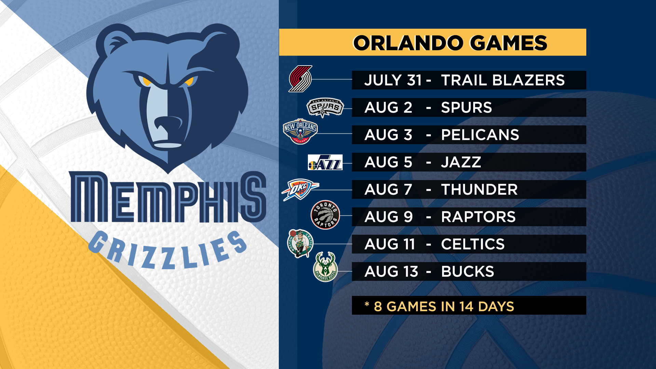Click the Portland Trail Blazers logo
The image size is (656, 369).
[300, 79]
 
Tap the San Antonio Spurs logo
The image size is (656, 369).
[325, 108]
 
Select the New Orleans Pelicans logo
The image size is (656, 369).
[300, 132]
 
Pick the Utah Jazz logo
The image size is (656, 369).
[325, 162]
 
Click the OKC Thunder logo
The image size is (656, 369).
[300, 189]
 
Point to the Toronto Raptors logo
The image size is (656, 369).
[325, 215]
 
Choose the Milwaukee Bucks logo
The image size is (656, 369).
[325, 267]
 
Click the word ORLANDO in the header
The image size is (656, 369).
[408, 43]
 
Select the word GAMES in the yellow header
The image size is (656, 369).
[509, 43]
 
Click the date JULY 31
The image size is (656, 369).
[393, 80]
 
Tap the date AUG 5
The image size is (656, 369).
[388, 162]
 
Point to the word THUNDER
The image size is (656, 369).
[479, 190]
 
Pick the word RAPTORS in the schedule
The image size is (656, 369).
[478, 217]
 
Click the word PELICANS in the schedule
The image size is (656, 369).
[480, 135]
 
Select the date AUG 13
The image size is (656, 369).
[391, 272]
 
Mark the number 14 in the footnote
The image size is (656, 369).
[466, 306]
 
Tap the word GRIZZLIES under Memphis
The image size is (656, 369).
[167, 249]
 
